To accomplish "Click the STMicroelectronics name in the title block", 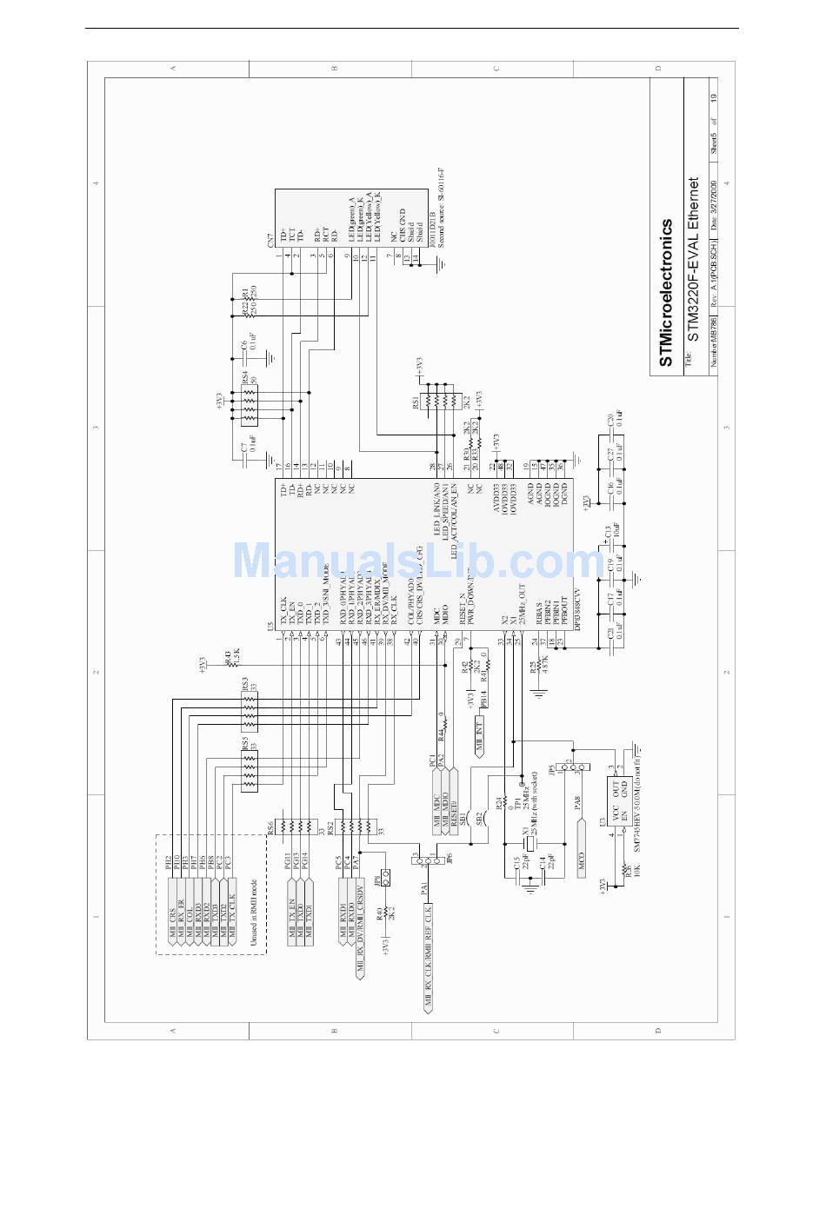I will pos(665,292).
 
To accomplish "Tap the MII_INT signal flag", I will pos(479,734).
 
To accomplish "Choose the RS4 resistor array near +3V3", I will pos(250,402).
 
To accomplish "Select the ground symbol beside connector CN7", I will pos(434,261).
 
